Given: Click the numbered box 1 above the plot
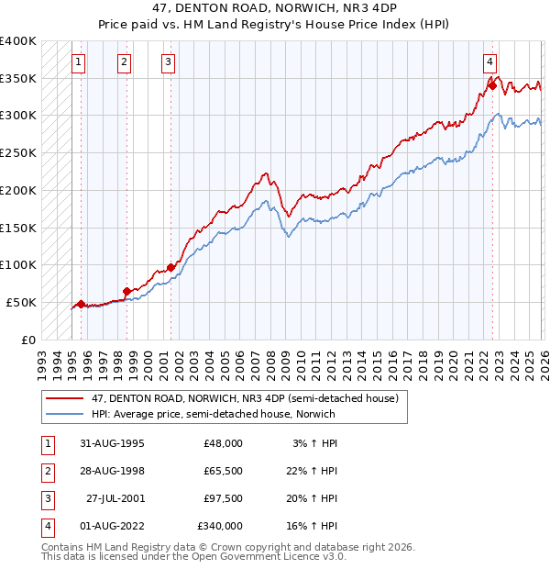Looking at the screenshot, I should point(79,62).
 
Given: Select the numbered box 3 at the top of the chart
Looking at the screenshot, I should point(169,62).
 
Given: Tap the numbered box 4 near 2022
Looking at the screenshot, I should point(490,62).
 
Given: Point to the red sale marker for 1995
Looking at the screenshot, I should point(81,304).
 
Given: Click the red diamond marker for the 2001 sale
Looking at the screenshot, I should point(170,267).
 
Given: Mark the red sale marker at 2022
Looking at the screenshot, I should point(492,86).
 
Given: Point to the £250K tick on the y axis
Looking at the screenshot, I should point(18,153).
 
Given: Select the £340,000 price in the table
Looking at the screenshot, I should point(220,526).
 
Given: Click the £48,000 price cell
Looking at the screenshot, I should point(224,442).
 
